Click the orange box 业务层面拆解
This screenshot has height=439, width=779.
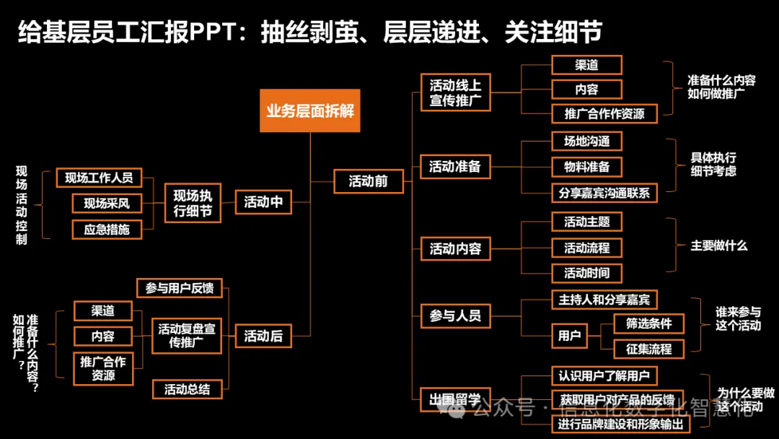[310, 111]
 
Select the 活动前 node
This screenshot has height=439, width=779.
[369, 181]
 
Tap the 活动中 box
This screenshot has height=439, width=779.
[263, 202]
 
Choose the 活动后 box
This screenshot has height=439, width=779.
[263, 336]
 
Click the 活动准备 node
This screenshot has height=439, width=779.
[455, 167]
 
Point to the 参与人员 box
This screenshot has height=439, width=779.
[455, 316]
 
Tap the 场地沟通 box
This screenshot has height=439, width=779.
[586, 141]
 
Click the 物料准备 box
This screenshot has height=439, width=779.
[586, 167]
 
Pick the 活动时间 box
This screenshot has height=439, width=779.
[586, 273]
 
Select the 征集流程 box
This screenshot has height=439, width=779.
[648, 349]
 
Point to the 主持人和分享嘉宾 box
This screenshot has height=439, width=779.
[604, 299]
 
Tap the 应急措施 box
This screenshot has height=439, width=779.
[107, 230]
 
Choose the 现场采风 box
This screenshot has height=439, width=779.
[107, 204]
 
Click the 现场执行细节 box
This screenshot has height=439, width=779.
[193, 203]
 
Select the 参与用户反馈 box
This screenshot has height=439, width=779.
[180, 288]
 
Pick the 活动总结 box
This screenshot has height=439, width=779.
[187, 389]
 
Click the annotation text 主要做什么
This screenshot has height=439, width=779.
[719, 245]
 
